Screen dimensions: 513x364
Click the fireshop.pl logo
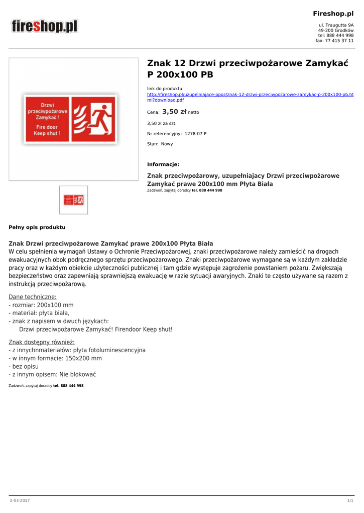point(45,26)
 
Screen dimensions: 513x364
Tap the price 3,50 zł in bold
point(174,112)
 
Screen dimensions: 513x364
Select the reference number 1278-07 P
point(195,134)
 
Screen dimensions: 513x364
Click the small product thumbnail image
point(73,200)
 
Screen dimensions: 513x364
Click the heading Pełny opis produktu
point(37,227)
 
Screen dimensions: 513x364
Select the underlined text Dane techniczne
point(33,297)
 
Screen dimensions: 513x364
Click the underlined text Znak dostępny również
point(42,342)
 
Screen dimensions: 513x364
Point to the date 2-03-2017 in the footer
point(20,501)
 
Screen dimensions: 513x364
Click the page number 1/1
point(350,501)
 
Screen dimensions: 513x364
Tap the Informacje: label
point(163,164)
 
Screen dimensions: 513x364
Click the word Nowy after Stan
point(167,144)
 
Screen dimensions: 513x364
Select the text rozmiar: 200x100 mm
point(43,305)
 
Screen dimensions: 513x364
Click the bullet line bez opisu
point(25,366)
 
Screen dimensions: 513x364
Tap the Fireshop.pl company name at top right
point(333,14)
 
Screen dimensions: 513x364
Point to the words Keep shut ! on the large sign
point(47,133)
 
